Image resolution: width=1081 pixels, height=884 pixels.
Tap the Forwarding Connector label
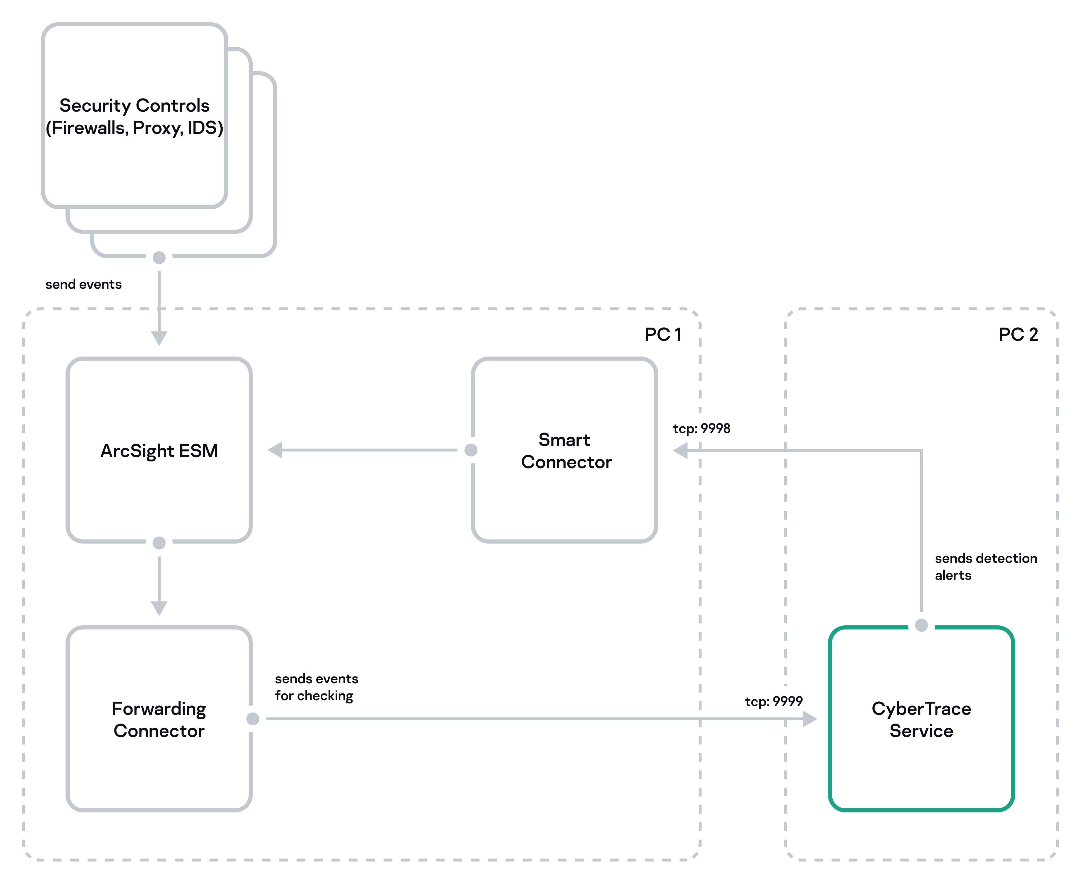tap(159, 719)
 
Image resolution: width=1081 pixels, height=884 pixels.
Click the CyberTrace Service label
tap(921, 719)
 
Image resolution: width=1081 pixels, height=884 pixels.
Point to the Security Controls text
tap(134, 105)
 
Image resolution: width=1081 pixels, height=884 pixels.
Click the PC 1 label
tap(663, 335)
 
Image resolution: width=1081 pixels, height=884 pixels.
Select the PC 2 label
tap(1018, 335)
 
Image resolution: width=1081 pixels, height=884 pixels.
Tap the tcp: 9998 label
tap(701, 428)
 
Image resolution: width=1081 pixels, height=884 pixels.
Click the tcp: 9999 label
tap(773, 701)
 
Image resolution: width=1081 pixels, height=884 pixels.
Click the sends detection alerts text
tap(985, 567)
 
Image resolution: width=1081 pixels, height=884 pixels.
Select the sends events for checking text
tap(316, 687)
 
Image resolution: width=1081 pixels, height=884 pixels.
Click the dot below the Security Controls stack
tap(159, 258)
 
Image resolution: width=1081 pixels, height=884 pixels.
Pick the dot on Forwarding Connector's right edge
tap(253, 719)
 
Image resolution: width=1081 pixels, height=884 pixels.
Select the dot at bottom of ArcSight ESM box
tap(159, 543)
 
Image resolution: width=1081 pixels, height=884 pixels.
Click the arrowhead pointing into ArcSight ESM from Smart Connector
tap(276, 450)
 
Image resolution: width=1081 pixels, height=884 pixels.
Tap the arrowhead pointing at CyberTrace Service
tap(809, 719)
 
